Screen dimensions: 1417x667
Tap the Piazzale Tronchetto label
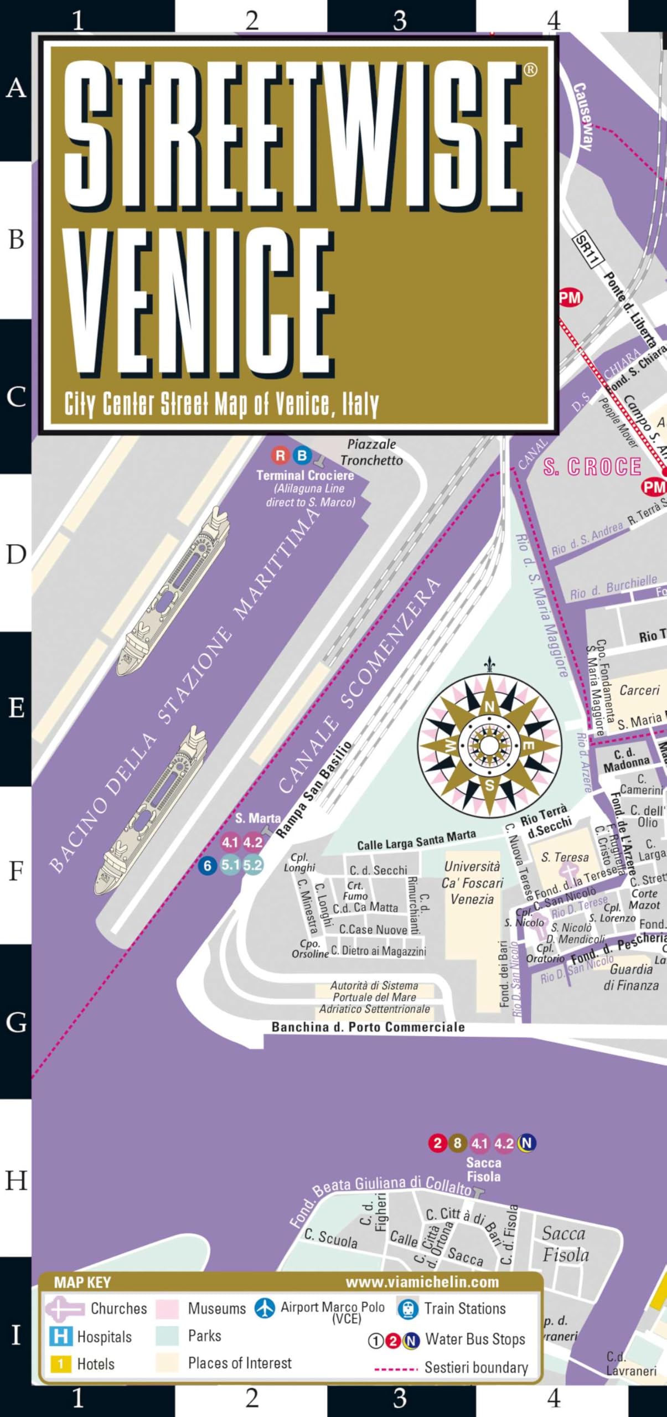pyautogui.click(x=371, y=452)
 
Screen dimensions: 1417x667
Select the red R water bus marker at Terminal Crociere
pyautogui.click(x=281, y=456)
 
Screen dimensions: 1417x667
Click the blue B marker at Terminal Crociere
pyautogui.click(x=302, y=456)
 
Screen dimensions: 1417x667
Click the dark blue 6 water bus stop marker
pyautogui.click(x=208, y=865)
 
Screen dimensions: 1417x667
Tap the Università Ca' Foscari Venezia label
pyautogui.click(x=472, y=883)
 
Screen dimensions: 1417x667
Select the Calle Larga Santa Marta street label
pyautogui.click(x=416, y=840)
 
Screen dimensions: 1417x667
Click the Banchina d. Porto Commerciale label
pyautogui.click(x=368, y=1027)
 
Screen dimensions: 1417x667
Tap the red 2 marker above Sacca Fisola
pyautogui.click(x=437, y=1143)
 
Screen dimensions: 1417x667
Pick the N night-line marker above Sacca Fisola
pyautogui.click(x=526, y=1143)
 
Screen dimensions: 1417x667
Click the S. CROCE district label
pyautogui.click(x=592, y=467)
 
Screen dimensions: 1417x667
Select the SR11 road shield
pyautogui.click(x=587, y=250)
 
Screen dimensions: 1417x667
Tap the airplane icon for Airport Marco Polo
pyautogui.click(x=265, y=1308)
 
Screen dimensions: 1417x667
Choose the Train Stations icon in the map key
pyautogui.click(x=408, y=1309)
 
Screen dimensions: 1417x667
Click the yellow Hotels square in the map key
pyautogui.click(x=60, y=1364)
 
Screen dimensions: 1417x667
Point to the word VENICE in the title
pyautogui.click(x=199, y=302)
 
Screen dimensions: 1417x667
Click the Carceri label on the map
pyautogui.click(x=639, y=690)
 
